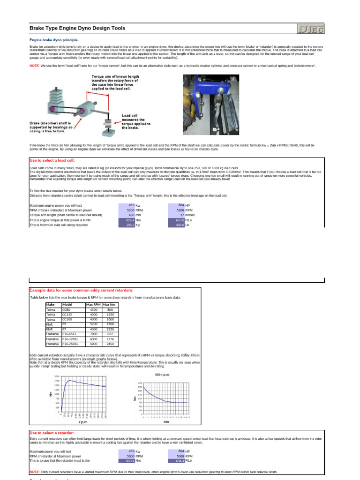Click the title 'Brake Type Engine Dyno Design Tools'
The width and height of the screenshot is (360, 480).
coord(77,29)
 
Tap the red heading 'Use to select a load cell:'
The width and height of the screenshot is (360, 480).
coord(53,160)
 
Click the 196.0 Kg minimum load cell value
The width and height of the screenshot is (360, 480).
coord(127,225)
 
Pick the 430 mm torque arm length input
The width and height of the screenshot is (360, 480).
coord(128,215)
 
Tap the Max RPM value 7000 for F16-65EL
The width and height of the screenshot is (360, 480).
coord(93,333)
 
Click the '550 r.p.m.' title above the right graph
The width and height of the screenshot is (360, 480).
coord(162,375)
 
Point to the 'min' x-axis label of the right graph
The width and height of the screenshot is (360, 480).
coord(166,421)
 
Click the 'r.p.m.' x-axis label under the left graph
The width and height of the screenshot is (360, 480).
coord(83,421)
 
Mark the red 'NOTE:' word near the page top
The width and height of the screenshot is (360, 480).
coord(34,66)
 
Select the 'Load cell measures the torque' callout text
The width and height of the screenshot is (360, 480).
coord(136,121)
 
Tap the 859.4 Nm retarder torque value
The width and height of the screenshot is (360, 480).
coord(127,461)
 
